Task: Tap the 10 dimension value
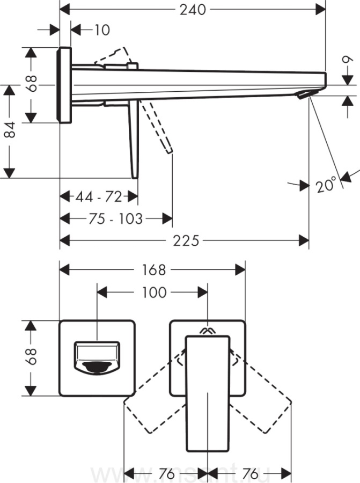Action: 101,30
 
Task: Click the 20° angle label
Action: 326,185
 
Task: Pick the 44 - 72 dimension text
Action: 99,196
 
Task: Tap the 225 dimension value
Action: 186,240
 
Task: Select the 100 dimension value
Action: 154,292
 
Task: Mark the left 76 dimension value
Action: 167,474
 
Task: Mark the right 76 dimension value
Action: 250,474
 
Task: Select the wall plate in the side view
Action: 65,85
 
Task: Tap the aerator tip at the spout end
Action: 304,95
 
